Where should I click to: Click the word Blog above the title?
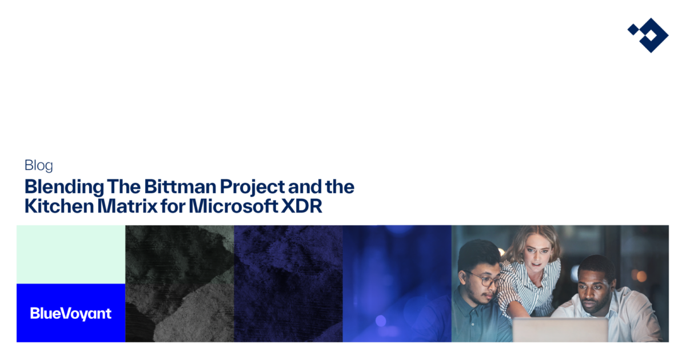tap(39, 166)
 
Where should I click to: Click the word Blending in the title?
tap(64, 187)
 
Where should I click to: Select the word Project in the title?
tap(252, 187)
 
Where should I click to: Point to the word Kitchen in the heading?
tap(59, 206)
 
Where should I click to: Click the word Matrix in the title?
tap(127, 206)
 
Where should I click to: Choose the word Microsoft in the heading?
tap(233, 206)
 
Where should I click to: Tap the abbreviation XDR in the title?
tap(302, 206)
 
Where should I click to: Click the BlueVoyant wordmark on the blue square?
tap(71, 314)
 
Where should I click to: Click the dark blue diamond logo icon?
tap(648, 35)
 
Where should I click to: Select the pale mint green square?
tap(71, 254)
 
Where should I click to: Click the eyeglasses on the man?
tap(485, 279)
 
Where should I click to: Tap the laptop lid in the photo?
tap(560, 330)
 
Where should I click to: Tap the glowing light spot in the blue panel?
tap(381, 321)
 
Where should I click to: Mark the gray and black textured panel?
tap(180, 283)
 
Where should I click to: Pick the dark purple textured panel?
tap(288, 283)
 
